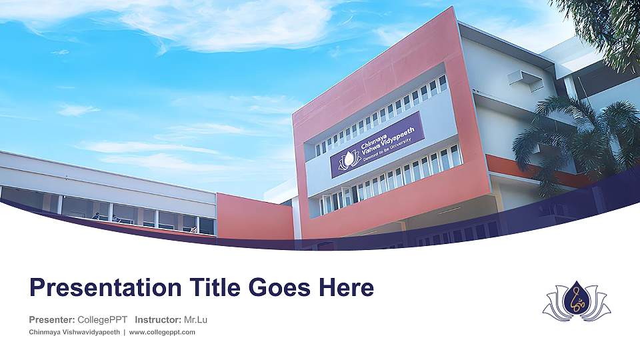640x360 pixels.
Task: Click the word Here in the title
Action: coord(345,289)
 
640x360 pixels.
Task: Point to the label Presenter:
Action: coord(51,320)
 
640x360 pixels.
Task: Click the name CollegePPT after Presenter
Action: coord(103,320)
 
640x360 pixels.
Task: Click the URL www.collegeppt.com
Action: coord(162,332)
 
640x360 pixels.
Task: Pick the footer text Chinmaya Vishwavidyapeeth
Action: coord(74,332)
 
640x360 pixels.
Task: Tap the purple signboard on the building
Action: coord(377,145)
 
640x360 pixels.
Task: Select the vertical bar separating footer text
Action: coord(125,332)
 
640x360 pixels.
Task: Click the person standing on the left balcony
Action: coord(97,216)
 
